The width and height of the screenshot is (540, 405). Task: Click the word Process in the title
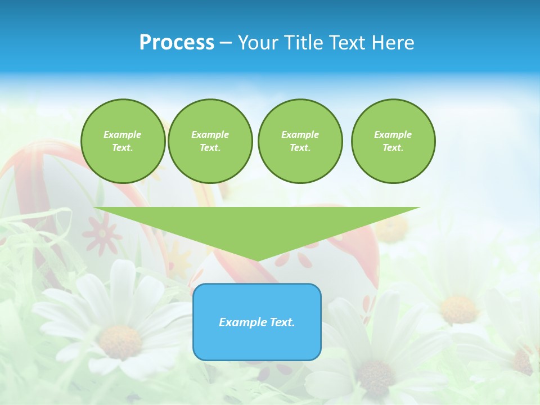[x=177, y=43]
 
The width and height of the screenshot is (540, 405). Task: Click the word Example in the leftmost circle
[x=123, y=134]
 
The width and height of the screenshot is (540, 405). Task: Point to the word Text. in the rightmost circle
[x=393, y=148]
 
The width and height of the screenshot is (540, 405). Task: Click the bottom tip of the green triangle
[x=257, y=259]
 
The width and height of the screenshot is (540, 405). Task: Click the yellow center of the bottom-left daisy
[x=120, y=341]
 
